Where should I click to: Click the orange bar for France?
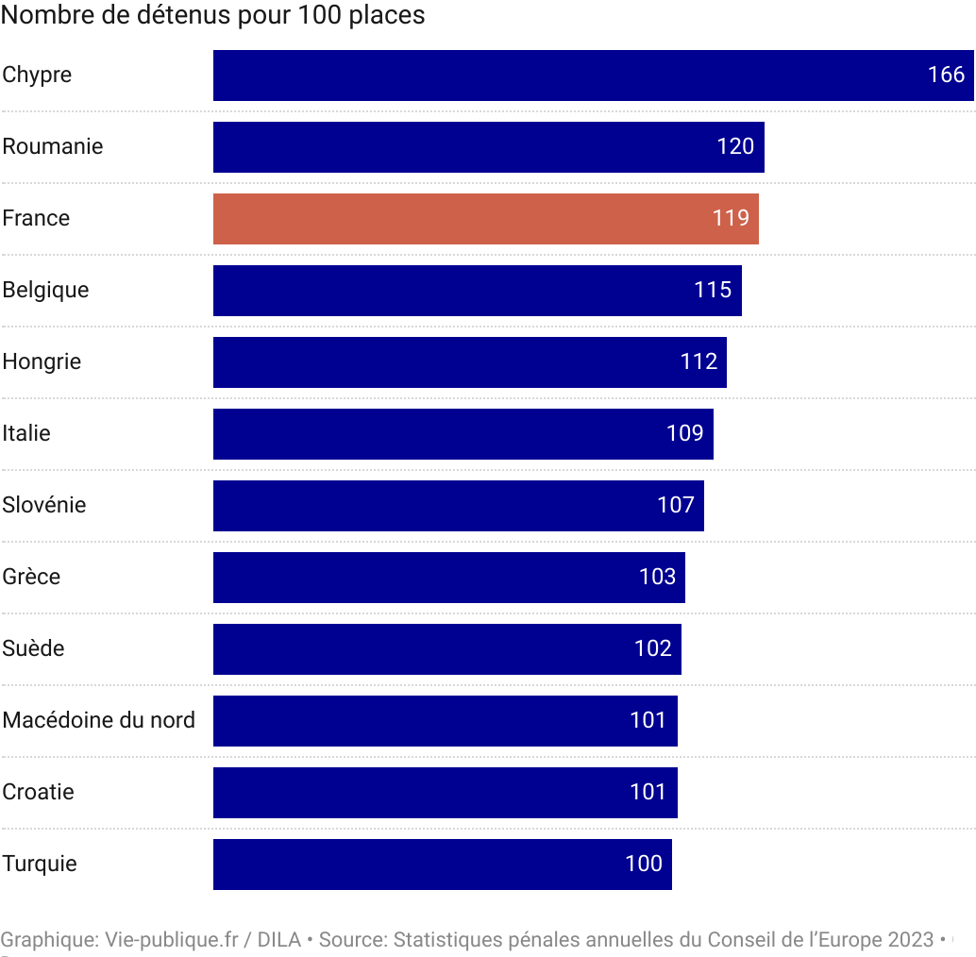pyautogui.click(x=485, y=219)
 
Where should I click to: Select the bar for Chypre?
pyautogui.click(x=593, y=76)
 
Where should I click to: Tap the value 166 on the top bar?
pyautogui.click(x=946, y=76)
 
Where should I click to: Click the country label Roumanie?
pyautogui.click(x=53, y=147)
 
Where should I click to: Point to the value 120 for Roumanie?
pyautogui.click(x=735, y=147)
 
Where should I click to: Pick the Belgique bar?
pyautogui.click(x=477, y=291)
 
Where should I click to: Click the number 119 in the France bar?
pyautogui.click(x=731, y=219)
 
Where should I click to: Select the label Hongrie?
pyautogui.click(x=42, y=362)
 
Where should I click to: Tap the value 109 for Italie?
pyautogui.click(x=685, y=434)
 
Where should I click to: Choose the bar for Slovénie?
pyautogui.click(x=458, y=506)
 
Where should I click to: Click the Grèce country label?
pyautogui.click(x=31, y=578)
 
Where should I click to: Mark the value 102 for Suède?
pyautogui.click(x=653, y=649)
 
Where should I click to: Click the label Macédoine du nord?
pyautogui.click(x=99, y=721)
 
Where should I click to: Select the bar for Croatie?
pyautogui.click(x=445, y=793)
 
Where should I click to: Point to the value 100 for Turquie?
pyautogui.click(x=644, y=865)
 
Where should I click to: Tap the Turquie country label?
pyautogui.click(x=40, y=865)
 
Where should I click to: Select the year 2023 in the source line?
pyautogui.click(x=910, y=940)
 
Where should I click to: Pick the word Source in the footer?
pyautogui.click(x=350, y=940)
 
